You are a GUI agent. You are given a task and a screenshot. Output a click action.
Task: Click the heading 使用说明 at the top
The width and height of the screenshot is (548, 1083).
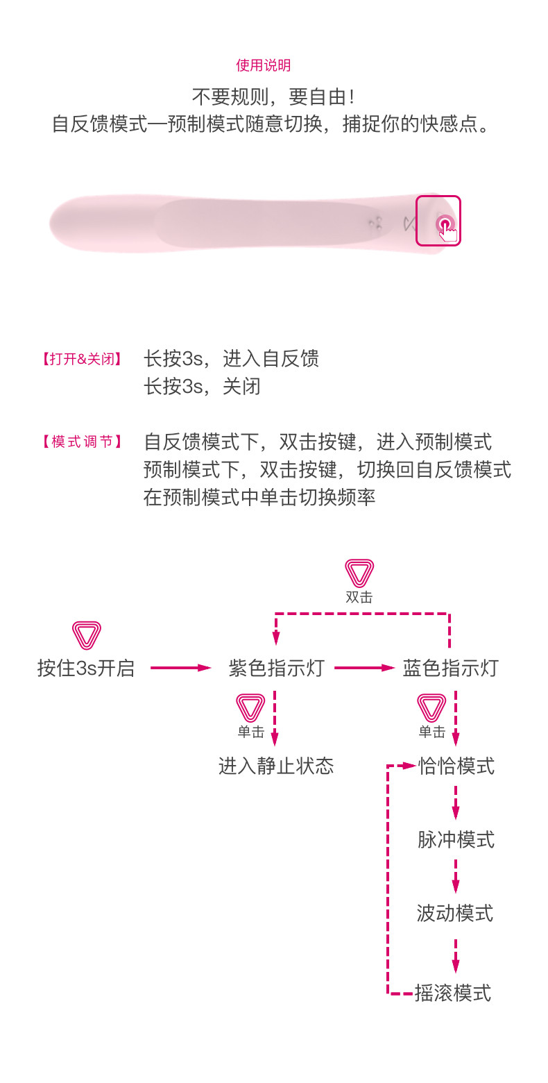pyautogui.click(x=263, y=65)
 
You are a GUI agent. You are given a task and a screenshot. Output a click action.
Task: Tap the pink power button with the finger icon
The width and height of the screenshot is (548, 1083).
pyautogui.click(x=444, y=224)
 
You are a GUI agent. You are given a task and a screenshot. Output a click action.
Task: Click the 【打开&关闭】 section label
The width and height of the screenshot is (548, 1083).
pyautogui.click(x=83, y=359)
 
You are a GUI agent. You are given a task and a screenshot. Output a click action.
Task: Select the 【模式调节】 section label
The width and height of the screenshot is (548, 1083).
pyautogui.click(x=83, y=442)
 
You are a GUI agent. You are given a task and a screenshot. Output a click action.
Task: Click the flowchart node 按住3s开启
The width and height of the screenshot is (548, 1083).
pyautogui.click(x=85, y=668)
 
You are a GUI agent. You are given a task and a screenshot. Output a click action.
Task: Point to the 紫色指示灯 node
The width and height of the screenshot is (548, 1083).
pyautogui.click(x=276, y=668)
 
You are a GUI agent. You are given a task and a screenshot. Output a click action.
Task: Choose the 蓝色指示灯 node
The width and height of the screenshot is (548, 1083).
pyautogui.click(x=450, y=668)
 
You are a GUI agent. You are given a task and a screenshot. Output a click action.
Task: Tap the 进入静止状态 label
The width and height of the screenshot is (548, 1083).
pyautogui.click(x=276, y=766)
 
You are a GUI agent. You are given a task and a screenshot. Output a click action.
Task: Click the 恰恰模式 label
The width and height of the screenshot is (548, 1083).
pyautogui.click(x=456, y=766)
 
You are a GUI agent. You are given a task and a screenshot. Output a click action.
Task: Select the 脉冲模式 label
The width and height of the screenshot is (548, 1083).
pyautogui.click(x=456, y=839)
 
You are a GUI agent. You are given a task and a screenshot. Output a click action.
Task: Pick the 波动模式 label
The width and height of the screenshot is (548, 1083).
pyautogui.click(x=455, y=913)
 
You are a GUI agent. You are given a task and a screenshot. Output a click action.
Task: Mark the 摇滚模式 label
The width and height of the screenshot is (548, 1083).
pyautogui.click(x=453, y=993)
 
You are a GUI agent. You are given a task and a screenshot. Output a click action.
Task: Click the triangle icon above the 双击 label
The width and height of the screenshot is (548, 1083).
pyautogui.click(x=359, y=573)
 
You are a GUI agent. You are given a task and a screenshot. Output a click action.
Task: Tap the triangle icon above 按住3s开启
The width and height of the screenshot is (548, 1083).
pyautogui.click(x=87, y=635)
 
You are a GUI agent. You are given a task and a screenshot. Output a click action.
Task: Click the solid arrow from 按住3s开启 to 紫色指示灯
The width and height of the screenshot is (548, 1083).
pyautogui.click(x=180, y=668)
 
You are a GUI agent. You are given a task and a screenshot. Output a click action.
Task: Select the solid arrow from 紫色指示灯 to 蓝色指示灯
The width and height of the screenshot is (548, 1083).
pyautogui.click(x=364, y=668)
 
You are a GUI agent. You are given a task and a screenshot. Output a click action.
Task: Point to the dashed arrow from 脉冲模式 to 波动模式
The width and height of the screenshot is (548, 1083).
pyautogui.click(x=456, y=876)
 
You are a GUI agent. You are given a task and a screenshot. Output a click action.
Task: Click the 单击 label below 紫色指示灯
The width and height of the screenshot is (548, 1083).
pyautogui.click(x=250, y=732)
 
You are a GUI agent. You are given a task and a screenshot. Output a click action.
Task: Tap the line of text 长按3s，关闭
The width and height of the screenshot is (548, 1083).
pyautogui.click(x=202, y=386)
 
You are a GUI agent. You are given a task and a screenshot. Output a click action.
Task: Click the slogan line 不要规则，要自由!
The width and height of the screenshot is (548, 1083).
pyautogui.click(x=273, y=96)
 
